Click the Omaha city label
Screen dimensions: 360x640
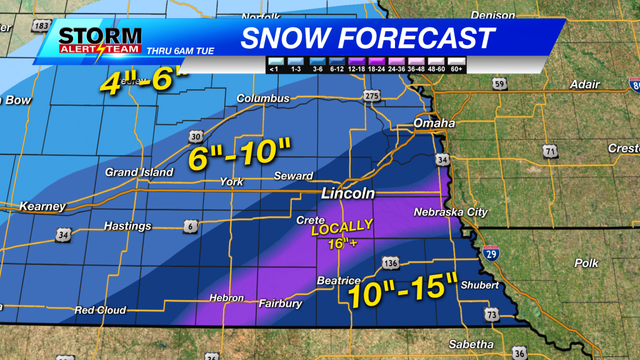[x=434, y=123]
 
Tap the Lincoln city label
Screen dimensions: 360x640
[x=347, y=194]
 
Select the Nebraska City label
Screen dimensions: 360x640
[x=450, y=212]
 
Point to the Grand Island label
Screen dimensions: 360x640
[x=139, y=172]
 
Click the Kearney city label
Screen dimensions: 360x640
[x=42, y=206]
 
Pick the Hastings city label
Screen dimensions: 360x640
[x=127, y=226]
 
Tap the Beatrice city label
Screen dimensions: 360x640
[x=338, y=281]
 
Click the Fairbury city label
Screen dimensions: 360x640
[x=281, y=304]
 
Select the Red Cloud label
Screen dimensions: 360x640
[x=100, y=310]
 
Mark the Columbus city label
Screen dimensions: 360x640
[x=262, y=99]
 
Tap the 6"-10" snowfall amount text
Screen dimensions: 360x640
[x=240, y=154]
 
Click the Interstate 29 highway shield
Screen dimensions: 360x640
[x=490, y=254]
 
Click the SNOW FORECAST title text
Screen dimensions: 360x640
[x=367, y=38]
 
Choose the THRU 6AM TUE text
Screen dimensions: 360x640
[x=180, y=51]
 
